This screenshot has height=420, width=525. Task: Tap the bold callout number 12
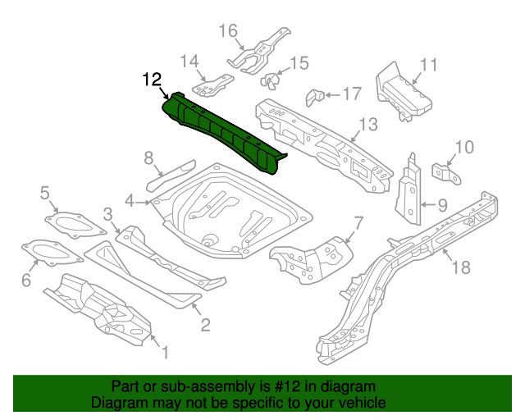tap(152, 80)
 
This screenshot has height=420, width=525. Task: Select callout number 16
tap(228, 31)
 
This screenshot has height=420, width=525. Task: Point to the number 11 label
tap(428, 66)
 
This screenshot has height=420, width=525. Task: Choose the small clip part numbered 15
tap(270, 80)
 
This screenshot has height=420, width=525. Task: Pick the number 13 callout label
tap(367, 125)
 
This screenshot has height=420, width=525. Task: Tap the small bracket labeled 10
tap(444, 173)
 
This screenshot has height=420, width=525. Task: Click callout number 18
tap(461, 267)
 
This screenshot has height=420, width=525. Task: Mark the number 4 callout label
tap(130, 201)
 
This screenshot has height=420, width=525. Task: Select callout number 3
tap(107, 215)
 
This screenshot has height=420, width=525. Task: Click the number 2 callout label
tap(205, 325)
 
